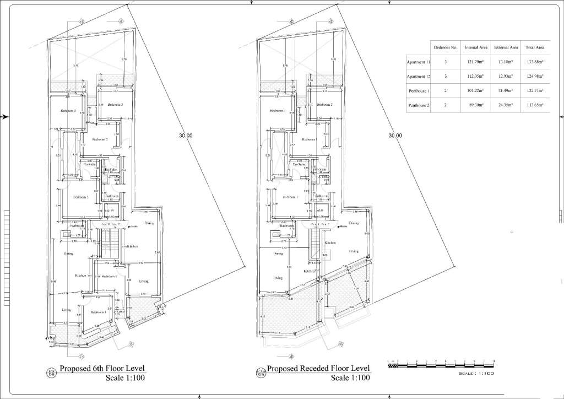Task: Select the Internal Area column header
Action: (475, 48)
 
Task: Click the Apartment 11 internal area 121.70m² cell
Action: (475, 62)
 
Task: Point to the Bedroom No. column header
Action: (446, 48)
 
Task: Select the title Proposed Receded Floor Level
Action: (318, 369)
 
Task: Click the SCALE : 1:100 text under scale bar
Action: (477, 374)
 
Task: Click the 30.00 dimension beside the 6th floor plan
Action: (186, 136)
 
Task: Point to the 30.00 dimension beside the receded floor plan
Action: (395, 136)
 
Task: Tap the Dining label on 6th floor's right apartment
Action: (149, 223)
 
